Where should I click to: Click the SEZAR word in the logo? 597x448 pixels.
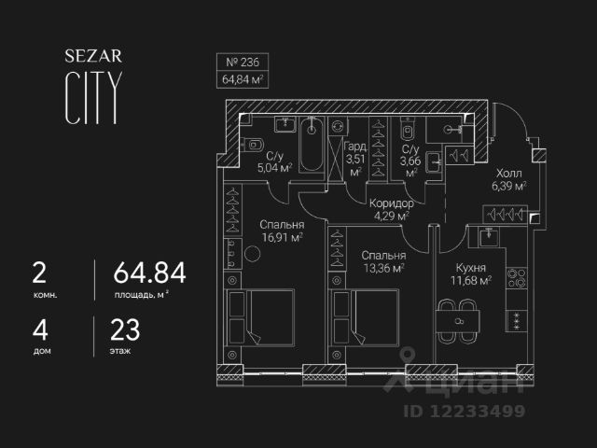coord(90,55)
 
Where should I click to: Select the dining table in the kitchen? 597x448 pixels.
coord(459,319)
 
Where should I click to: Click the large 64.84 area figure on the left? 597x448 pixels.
coord(149,273)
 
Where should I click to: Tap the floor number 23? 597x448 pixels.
coord(125,329)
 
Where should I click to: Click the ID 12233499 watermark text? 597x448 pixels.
coord(464,411)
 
